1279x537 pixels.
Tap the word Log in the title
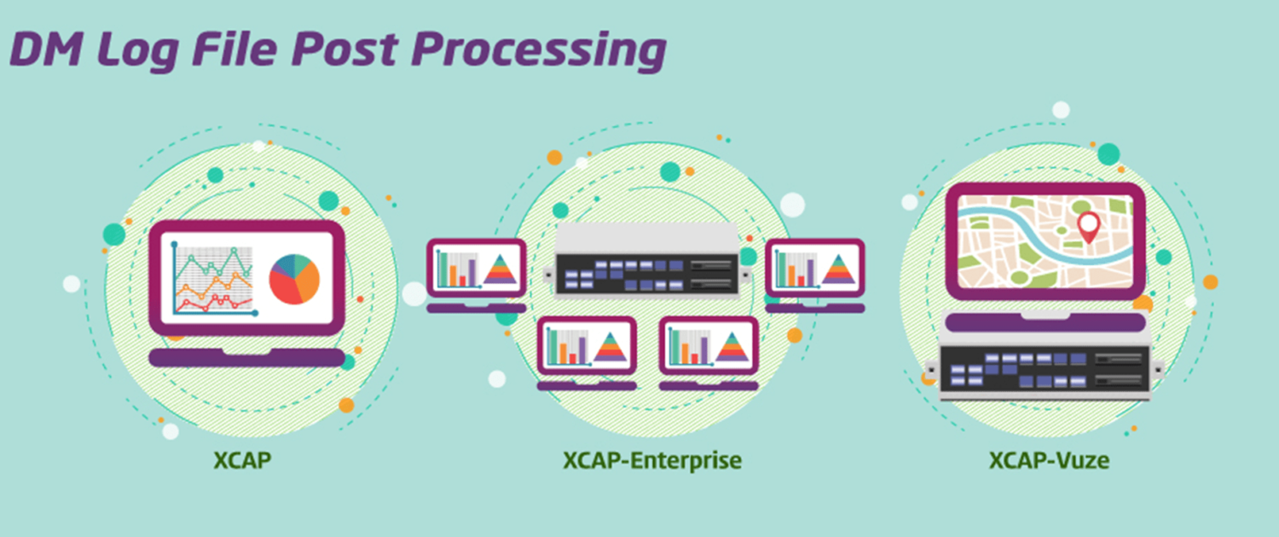(x=137, y=51)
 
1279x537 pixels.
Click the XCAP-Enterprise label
(x=652, y=460)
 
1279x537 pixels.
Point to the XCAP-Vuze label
(x=1049, y=460)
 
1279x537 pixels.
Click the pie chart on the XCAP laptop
(x=294, y=279)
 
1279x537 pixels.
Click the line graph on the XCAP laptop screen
(x=214, y=280)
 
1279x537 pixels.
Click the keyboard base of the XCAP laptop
(x=246, y=357)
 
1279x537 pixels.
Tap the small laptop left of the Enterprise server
(x=476, y=275)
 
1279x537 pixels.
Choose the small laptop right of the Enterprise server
(x=815, y=275)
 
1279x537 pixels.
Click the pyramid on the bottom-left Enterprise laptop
(x=611, y=347)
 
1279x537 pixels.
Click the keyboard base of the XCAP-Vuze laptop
(x=1045, y=322)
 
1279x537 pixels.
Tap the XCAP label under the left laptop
(x=242, y=460)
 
